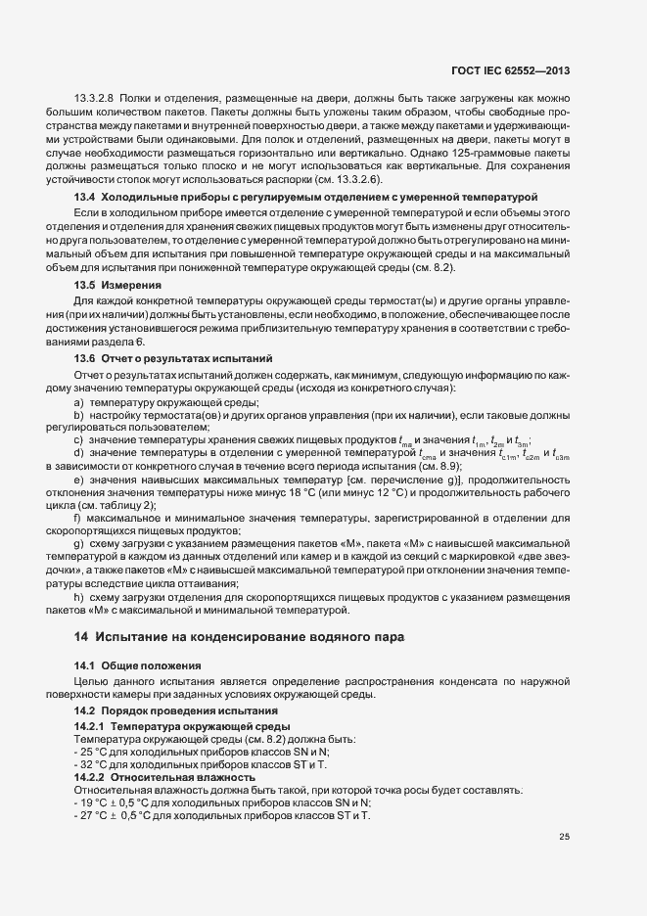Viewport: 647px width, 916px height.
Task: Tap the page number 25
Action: [x=564, y=837]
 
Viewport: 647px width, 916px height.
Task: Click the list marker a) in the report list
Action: [x=77, y=402]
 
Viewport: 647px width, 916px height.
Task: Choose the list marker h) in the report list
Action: [x=77, y=597]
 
